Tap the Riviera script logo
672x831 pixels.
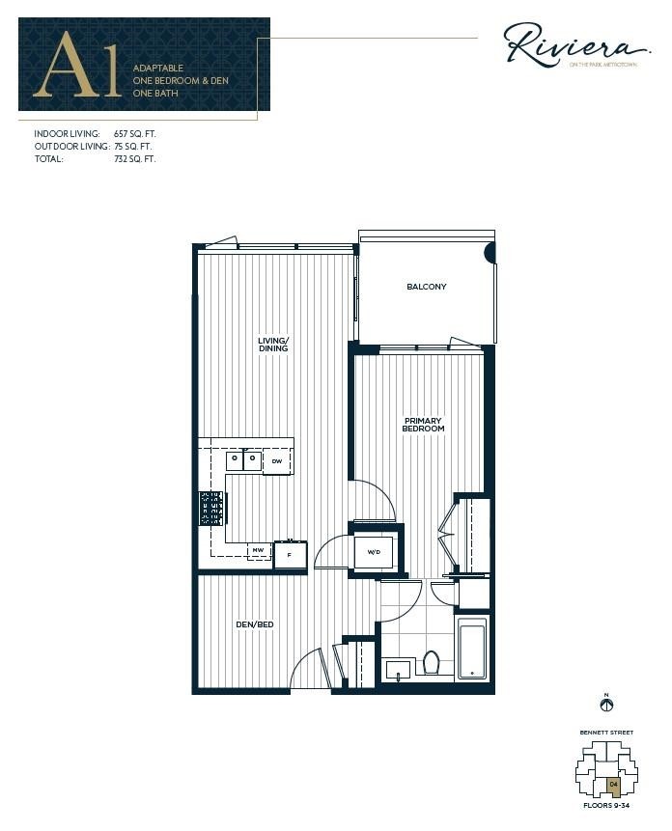[x=576, y=44]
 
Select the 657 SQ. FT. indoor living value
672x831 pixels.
[x=134, y=134]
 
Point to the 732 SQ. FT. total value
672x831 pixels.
[x=134, y=158]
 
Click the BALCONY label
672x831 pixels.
[x=426, y=287]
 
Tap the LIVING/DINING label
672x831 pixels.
[x=272, y=344]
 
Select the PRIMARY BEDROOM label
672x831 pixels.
[x=424, y=425]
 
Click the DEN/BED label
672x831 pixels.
[x=255, y=625]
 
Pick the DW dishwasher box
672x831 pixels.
[x=277, y=461]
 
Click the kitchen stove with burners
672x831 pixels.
[x=212, y=508]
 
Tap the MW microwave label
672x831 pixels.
[x=258, y=552]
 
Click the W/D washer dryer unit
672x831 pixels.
[x=373, y=553]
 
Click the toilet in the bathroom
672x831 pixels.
[x=432, y=662]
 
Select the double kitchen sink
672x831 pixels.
[x=243, y=461]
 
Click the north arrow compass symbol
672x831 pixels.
[x=607, y=706]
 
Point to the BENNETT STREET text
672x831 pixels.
[x=607, y=733]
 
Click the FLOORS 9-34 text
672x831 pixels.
[x=607, y=804]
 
